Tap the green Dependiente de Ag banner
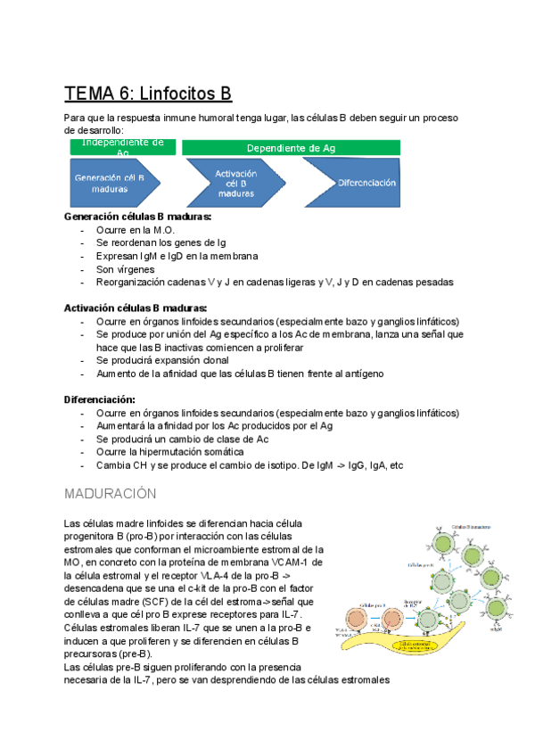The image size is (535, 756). point(291,147)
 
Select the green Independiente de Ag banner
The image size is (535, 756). point(122,147)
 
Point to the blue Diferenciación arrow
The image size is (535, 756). point(362,183)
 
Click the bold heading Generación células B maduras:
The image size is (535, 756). point(138,217)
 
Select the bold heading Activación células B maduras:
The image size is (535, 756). point(136,308)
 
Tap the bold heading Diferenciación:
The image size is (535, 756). point(99,399)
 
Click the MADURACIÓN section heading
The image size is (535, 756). point(111,493)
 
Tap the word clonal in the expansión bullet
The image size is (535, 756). point(217,360)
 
